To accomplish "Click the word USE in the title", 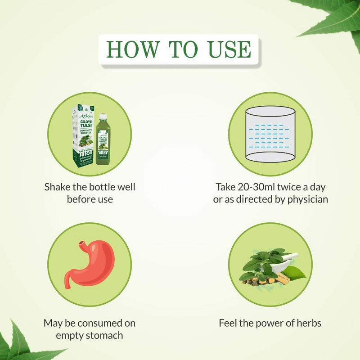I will [x=229, y=49].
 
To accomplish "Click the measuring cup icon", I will [x=270, y=135].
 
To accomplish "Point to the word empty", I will [x=69, y=335].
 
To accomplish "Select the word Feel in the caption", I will [x=228, y=323].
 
